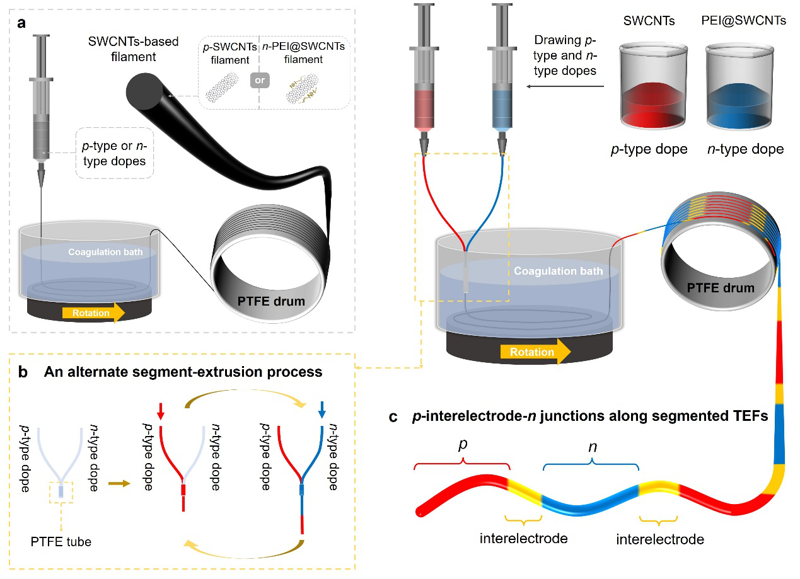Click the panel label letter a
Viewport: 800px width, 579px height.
[x=22, y=24]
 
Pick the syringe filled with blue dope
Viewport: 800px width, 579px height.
[x=502, y=82]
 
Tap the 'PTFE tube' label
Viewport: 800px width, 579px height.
[x=61, y=541]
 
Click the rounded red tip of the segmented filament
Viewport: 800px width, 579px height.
[x=421, y=510]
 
